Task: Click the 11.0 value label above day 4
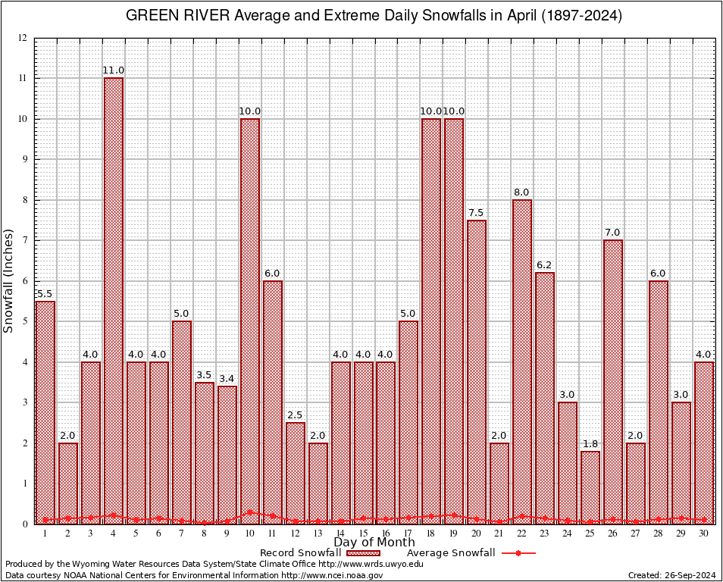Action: [x=114, y=70]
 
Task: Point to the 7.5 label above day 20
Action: [x=477, y=213]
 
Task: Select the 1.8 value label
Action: [x=590, y=444]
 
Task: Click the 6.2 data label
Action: [x=545, y=265]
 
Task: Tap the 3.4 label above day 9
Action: [x=227, y=379]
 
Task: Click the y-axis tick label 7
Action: [x=25, y=240]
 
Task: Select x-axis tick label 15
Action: [x=363, y=533]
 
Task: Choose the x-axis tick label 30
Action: [x=704, y=533]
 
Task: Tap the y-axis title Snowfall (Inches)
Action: [x=9, y=280]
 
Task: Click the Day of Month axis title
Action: [x=374, y=542]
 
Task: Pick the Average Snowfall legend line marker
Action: [x=518, y=553]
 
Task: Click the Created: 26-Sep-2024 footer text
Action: [x=672, y=575]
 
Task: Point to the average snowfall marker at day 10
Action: [x=250, y=512]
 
